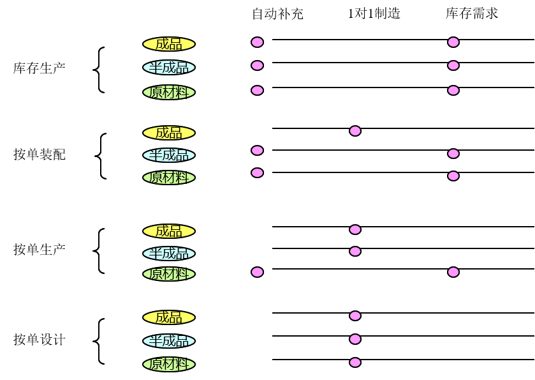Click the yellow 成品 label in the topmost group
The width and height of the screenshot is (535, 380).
169,44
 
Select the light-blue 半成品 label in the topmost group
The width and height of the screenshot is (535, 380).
169,68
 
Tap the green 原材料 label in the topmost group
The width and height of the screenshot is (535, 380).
169,92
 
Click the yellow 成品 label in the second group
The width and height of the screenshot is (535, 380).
169,133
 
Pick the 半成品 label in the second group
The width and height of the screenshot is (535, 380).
169,155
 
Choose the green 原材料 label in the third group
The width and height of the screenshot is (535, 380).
169,274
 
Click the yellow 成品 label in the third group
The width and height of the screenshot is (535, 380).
169,231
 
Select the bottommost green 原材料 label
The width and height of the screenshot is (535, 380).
169,364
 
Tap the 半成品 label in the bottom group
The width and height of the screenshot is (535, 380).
169,341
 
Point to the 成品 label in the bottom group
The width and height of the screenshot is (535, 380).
169,317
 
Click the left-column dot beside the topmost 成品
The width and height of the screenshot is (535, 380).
257,42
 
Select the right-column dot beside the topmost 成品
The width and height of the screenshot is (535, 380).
453,42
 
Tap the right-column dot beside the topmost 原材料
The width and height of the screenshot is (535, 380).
453,90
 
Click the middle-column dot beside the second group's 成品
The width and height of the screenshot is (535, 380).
355,131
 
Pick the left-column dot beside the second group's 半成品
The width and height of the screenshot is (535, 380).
257,151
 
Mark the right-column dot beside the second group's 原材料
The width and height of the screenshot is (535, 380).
453,176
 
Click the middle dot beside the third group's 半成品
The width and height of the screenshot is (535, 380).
355,252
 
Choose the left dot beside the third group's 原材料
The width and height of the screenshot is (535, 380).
257,272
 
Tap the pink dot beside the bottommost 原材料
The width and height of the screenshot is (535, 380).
355,363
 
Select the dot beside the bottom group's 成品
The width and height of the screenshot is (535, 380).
355,315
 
